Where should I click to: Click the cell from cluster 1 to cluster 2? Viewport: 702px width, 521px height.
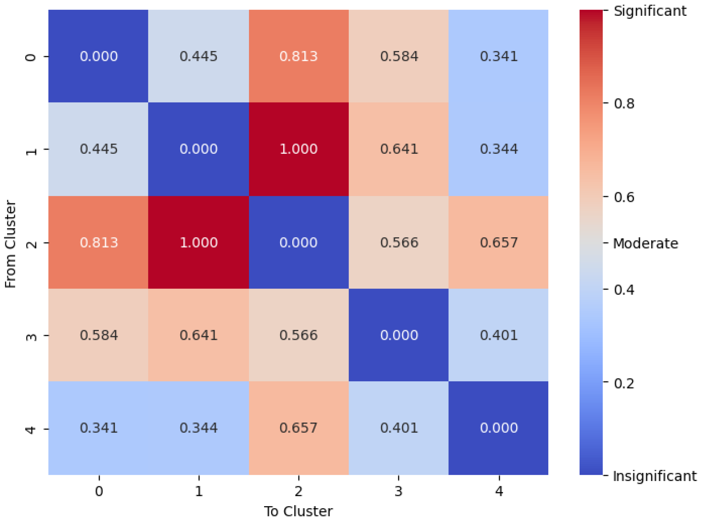[x=298, y=149]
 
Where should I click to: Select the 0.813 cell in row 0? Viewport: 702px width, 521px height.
[x=298, y=56]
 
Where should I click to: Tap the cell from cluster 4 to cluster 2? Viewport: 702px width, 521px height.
[x=298, y=428]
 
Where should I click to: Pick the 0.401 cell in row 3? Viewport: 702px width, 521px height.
[x=499, y=335]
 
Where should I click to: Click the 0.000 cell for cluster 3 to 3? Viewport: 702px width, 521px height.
[x=399, y=335]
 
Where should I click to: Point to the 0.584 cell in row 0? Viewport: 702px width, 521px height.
[x=399, y=56]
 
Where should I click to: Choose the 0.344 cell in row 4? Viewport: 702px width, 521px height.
[x=198, y=428]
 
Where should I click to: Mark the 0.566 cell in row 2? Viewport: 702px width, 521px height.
[x=399, y=242]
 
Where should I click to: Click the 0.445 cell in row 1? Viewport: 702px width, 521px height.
[x=99, y=149]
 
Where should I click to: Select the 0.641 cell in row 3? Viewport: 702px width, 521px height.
[x=198, y=335]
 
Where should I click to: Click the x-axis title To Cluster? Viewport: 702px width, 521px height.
[x=298, y=511]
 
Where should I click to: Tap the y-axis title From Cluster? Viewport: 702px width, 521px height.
[x=11, y=244]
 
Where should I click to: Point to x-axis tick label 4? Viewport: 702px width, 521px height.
[x=499, y=491]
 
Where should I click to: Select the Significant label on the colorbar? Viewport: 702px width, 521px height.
[x=649, y=11]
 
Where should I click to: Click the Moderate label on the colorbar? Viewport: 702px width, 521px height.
[x=645, y=243]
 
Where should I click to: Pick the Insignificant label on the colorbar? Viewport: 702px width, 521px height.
[x=654, y=476]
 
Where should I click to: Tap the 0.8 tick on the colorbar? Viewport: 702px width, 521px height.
[x=624, y=103]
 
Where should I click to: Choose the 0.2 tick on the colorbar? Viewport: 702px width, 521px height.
[x=624, y=383]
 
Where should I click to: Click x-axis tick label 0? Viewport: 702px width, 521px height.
[x=99, y=491]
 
